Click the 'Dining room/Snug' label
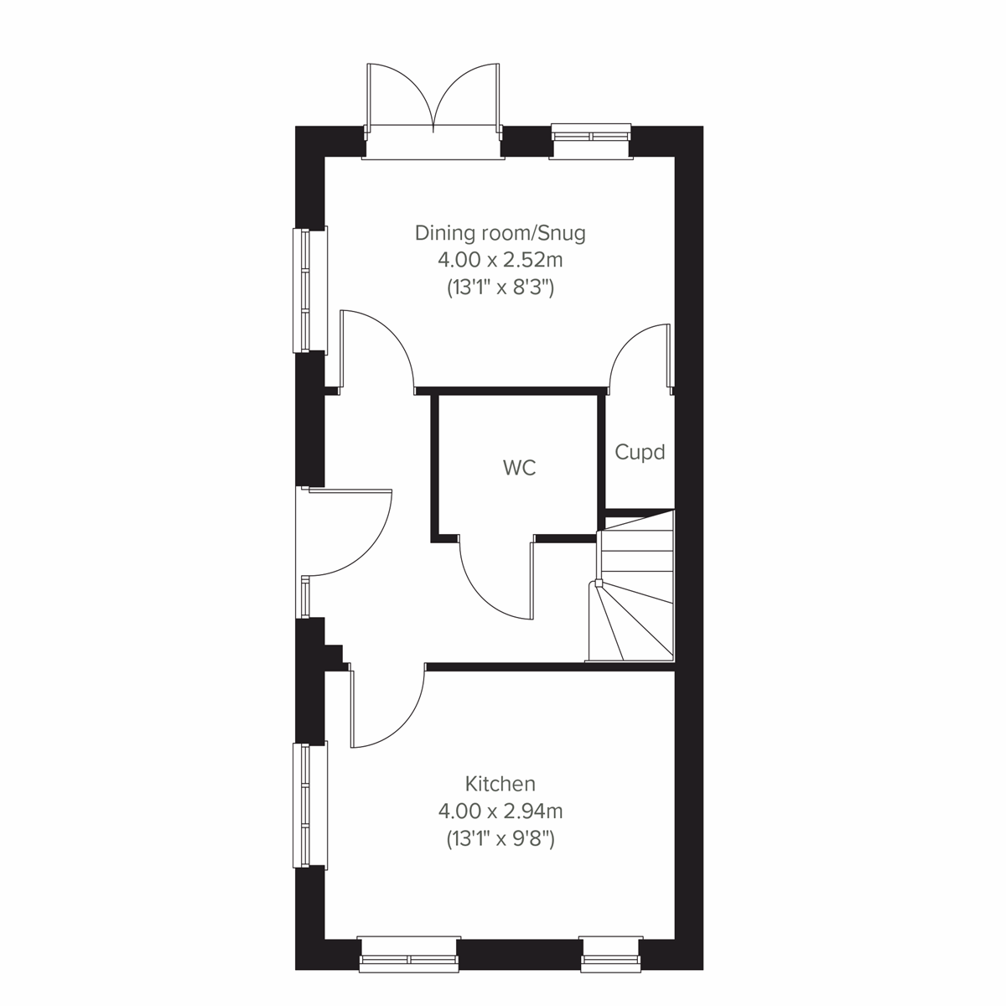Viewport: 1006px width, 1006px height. pos(500,232)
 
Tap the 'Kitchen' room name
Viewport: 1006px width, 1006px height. pos(500,784)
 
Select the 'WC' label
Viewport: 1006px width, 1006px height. pos(519,468)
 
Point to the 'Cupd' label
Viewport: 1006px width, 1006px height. pos(640,453)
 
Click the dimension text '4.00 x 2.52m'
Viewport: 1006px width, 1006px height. pos(500,260)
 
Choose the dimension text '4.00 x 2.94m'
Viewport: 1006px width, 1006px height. pos(500,811)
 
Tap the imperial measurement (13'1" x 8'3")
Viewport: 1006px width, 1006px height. pos(500,288)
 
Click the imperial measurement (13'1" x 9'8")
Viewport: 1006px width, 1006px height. pos(500,838)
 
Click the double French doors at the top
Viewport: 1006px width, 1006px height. pos(433,101)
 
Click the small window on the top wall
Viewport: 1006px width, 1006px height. pos(591,137)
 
